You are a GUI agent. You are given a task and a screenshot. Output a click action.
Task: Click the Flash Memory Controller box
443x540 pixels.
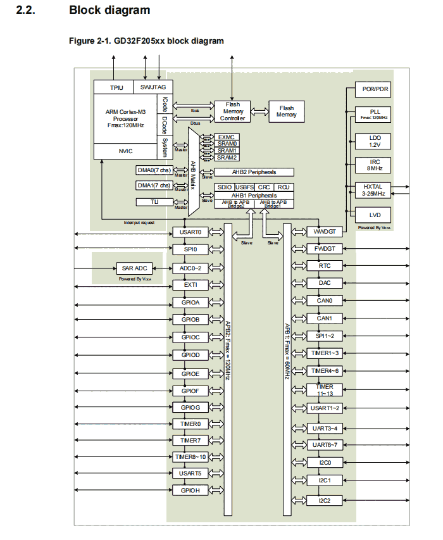(x=232, y=111)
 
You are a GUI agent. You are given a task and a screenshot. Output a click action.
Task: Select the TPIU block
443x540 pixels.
(x=116, y=87)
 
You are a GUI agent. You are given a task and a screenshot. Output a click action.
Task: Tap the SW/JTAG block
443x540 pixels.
(x=153, y=87)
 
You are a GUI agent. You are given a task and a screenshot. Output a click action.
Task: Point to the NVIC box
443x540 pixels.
(x=125, y=151)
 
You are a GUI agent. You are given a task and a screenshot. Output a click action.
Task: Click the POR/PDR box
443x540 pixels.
(x=371, y=90)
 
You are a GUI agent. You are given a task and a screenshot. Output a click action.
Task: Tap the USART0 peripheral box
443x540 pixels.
(x=190, y=232)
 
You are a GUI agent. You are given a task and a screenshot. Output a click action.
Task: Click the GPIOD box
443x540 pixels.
(x=190, y=355)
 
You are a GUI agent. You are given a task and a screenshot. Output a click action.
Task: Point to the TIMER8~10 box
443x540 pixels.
(x=190, y=456)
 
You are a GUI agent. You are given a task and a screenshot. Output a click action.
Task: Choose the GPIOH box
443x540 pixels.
(x=190, y=491)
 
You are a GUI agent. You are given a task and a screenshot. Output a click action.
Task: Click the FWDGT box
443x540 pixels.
(x=325, y=249)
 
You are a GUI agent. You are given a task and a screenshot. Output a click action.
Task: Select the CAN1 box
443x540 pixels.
(x=325, y=318)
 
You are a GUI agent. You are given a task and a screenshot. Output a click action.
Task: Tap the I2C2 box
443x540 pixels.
(x=325, y=501)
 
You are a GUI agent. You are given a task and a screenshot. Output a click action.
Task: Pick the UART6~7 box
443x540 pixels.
(x=325, y=445)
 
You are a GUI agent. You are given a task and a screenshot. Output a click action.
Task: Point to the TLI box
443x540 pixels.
(x=154, y=202)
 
